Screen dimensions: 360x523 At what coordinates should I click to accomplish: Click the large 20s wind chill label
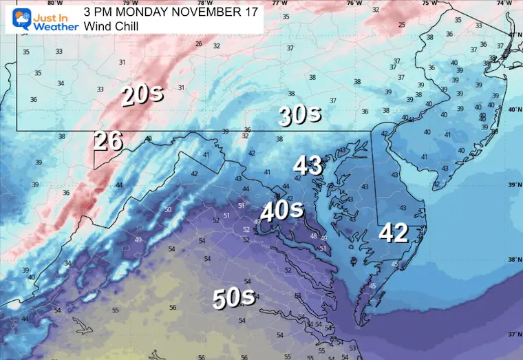[x=142, y=94]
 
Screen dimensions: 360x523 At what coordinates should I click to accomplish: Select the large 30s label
[x=299, y=115]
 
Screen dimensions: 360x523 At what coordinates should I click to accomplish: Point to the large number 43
[x=308, y=165]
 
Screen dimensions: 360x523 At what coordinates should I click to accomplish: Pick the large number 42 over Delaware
[x=394, y=233]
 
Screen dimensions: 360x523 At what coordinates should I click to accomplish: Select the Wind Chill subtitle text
[x=111, y=25]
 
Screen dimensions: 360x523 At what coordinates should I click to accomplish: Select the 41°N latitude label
[x=514, y=34]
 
